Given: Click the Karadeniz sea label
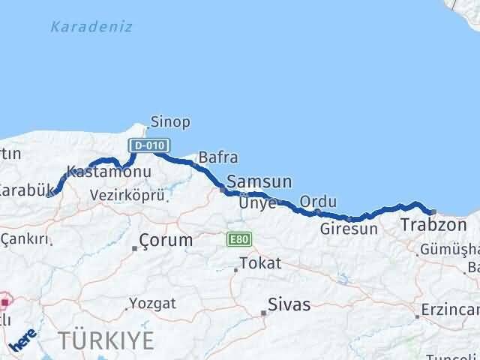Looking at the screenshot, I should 91,27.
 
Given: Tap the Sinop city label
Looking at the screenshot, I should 170,121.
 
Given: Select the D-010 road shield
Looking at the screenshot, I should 148,145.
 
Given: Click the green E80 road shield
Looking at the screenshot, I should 240,239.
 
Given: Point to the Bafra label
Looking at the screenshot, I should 218,158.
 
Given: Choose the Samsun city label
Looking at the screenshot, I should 259,181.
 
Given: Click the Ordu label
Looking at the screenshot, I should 318,202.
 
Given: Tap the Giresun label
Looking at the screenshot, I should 349,229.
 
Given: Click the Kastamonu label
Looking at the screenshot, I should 109,172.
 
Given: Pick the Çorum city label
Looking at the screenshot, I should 166,241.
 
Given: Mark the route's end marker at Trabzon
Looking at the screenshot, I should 433,211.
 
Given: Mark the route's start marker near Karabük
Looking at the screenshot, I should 49,193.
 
